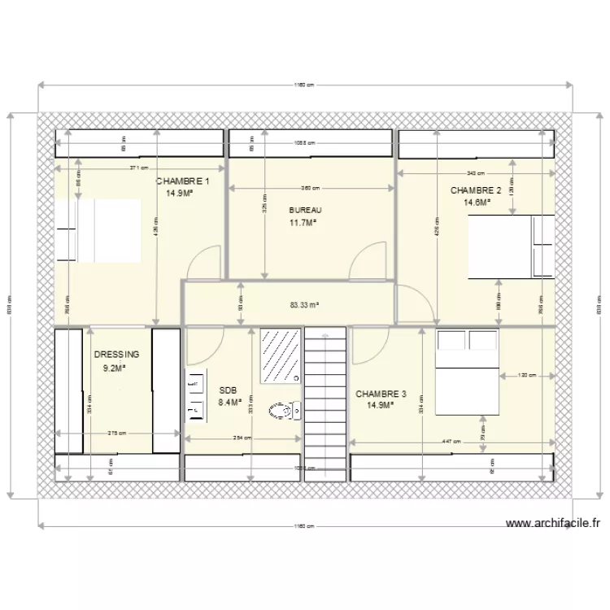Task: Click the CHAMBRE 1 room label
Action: tap(183, 182)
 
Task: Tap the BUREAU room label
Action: tap(300, 210)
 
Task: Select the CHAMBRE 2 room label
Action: tap(476, 190)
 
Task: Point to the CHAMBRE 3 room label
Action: tap(381, 394)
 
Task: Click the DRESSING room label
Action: tap(116, 355)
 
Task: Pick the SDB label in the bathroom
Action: tap(227, 390)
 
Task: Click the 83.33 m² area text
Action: tap(304, 306)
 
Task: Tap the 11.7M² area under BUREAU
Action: tap(303, 222)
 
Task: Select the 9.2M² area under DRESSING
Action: tap(114, 368)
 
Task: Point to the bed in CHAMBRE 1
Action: tap(98, 231)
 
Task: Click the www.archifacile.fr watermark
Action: tap(551, 525)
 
